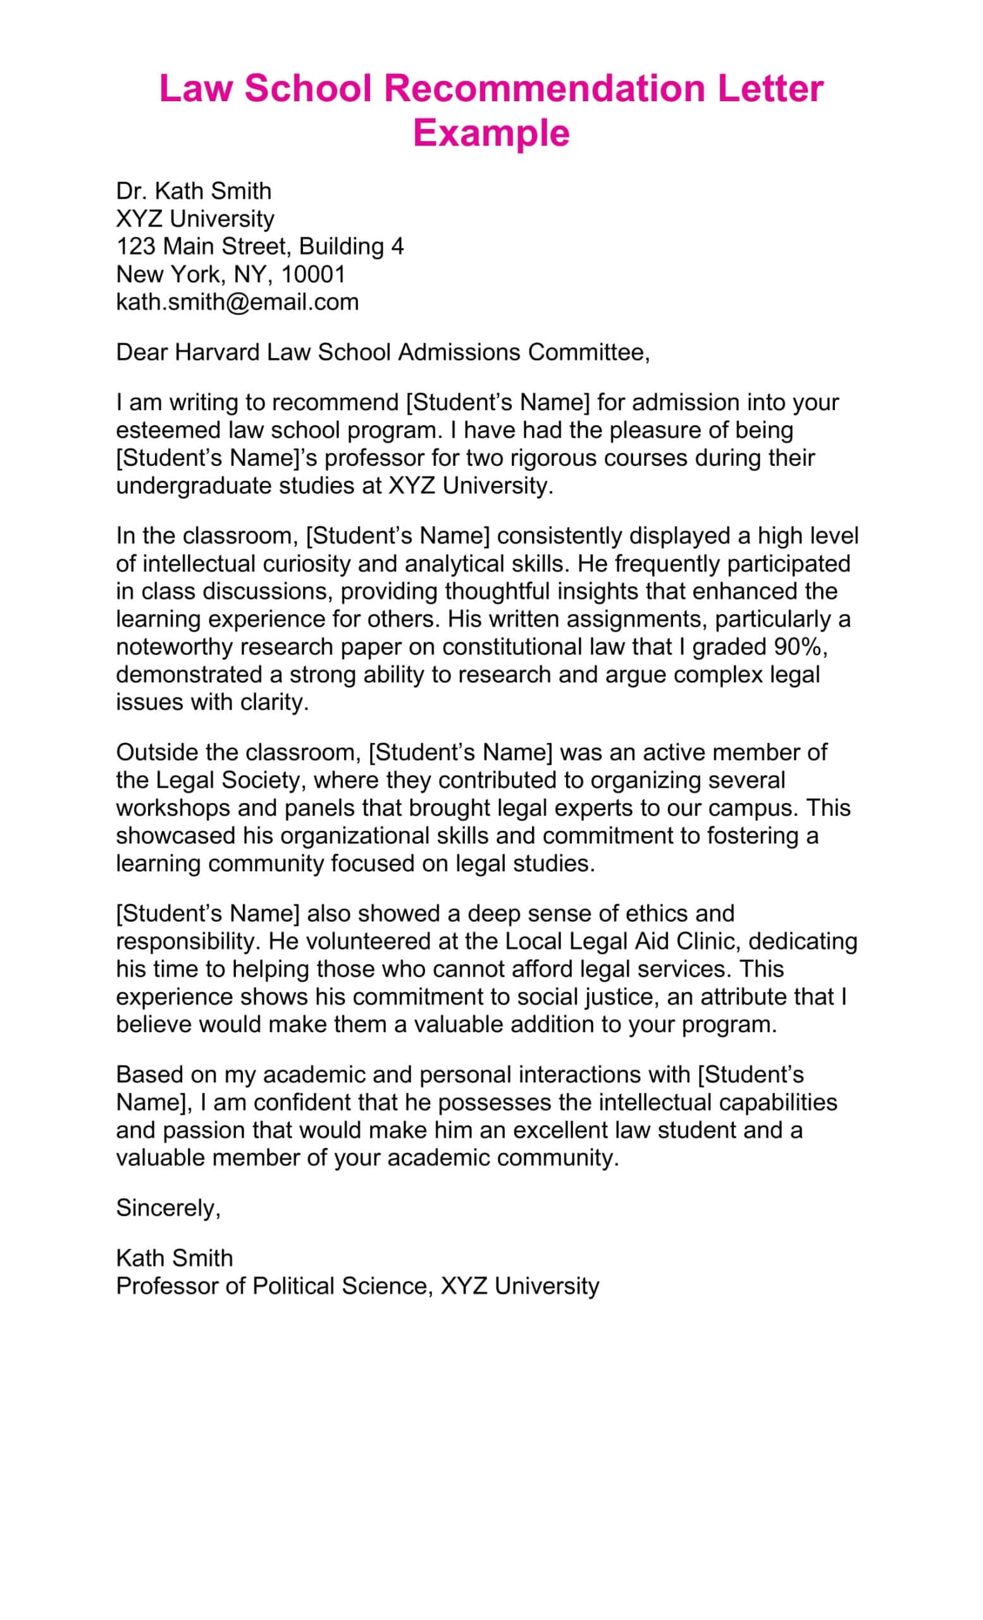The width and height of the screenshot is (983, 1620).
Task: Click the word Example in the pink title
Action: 491,133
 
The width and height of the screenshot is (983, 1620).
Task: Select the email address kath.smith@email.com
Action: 237,302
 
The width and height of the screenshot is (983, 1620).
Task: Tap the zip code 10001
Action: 312,274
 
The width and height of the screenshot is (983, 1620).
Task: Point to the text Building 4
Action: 351,247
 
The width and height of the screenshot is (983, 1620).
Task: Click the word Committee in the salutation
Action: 588,352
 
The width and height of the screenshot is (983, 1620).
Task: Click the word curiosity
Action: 306,563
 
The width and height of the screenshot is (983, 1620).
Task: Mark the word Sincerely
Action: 168,1209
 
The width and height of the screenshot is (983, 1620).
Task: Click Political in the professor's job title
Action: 292,1286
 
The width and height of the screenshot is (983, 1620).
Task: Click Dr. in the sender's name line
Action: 132,191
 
